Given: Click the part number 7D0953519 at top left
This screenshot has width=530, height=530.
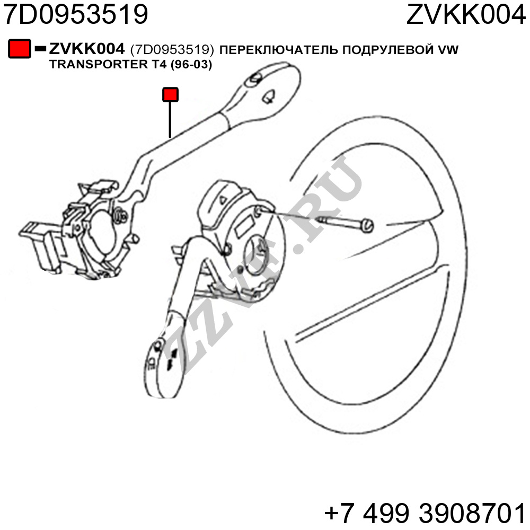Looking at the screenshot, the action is click(76, 14).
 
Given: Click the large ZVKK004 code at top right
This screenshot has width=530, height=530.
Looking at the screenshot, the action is click(466, 14).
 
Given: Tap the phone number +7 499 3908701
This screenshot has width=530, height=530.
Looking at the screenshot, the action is click(425, 513).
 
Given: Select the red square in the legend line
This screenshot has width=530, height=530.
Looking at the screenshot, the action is click(20, 49).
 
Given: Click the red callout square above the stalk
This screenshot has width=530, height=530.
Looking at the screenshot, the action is click(170, 95).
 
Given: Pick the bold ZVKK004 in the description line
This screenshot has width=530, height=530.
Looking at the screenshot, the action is click(87, 49).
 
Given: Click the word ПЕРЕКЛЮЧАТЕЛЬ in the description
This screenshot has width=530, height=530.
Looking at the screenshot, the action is click(279, 50).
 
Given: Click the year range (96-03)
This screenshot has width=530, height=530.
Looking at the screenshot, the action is click(191, 64).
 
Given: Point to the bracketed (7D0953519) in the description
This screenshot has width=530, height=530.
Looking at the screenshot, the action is click(172, 50).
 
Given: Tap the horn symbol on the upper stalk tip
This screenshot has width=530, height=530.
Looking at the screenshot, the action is click(269, 98).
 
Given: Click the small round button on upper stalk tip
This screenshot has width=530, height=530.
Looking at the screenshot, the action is click(254, 78).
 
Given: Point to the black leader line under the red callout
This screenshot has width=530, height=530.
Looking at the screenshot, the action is click(170, 120).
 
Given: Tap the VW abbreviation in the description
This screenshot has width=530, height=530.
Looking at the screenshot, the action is click(448, 50).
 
